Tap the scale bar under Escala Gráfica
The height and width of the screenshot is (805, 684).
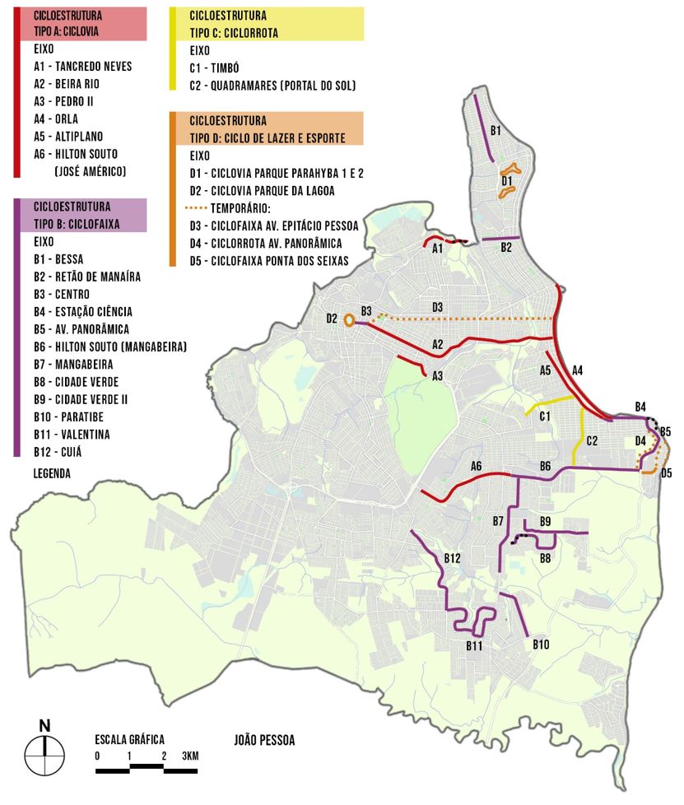[147, 770]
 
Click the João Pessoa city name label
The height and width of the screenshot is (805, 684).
[263, 740]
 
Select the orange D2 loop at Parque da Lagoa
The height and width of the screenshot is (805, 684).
[349, 320]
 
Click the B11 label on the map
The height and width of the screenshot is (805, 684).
[473, 646]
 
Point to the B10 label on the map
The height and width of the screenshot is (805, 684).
[540, 644]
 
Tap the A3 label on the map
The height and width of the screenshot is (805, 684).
[438, 376]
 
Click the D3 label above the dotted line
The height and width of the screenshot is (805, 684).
[438, 308]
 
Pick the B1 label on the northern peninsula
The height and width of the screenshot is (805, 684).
[496, 130]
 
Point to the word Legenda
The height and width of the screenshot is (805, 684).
[52, 473]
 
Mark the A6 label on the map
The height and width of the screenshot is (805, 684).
[476, 467]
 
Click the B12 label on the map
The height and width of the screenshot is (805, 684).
[452, 559]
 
